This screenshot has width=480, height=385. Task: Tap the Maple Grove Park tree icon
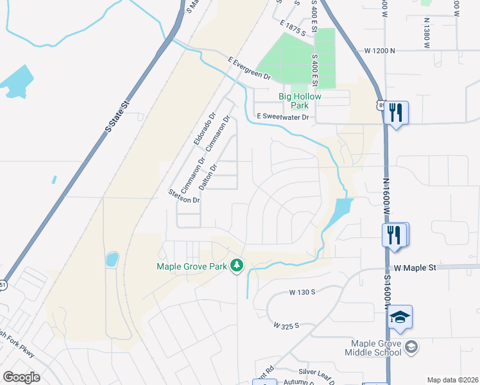[x=237, y=265]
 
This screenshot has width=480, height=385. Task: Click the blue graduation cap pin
[x=400, y=318]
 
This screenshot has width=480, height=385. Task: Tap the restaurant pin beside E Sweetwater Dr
[x=396, y=114]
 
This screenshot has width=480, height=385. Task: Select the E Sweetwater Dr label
[x=282, y=117]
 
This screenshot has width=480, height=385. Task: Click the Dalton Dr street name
[x=208, y=176]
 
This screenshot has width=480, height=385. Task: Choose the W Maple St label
[x=415, y=267]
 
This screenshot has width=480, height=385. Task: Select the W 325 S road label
[x=287, y=326]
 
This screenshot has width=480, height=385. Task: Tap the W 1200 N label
[x=379, y=50]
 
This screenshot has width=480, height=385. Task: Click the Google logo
[x=21, y=377]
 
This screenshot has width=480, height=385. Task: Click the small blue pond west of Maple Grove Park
[x=112, y=259]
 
